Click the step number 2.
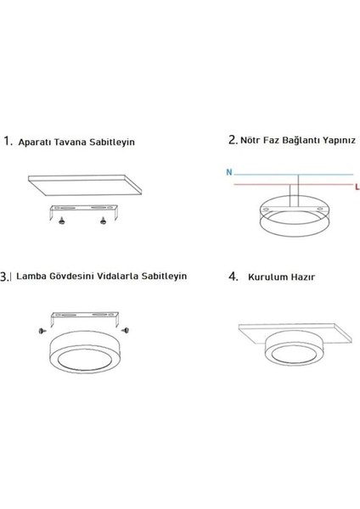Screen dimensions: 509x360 (232, 138)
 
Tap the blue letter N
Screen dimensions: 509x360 (228, 172)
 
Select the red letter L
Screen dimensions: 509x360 (357, 185)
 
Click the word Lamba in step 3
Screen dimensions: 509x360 (31, 276)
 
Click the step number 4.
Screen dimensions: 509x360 (233, 277)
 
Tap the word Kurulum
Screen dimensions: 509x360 (267, 277)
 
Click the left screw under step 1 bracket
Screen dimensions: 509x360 (62, 221)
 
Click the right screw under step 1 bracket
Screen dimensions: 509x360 (104, 221)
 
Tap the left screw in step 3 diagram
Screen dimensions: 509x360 (40, 329)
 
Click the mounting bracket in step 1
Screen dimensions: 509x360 (82, 209)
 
